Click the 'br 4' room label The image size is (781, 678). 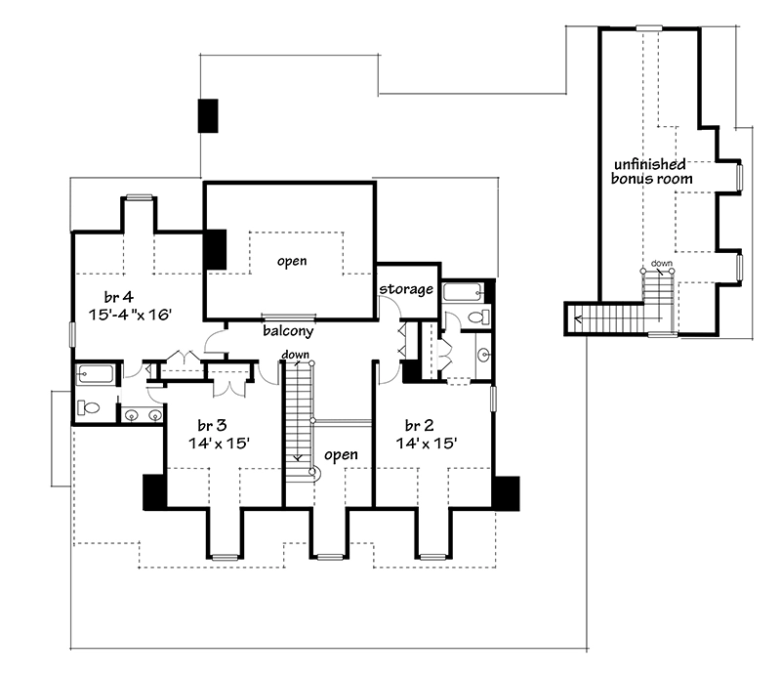(x=119, y=297)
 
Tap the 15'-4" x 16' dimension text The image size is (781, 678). (x=130, y=315)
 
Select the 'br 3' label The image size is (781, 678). (x=212, y=425)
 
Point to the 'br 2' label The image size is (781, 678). (x=420, y=425)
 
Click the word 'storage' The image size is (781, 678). (x=406, y=289)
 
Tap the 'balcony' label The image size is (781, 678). (x=288, y=330)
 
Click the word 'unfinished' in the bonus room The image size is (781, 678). (x=649, y=164)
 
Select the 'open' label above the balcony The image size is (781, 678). (x=292, y=261)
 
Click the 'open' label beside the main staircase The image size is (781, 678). (x=341, y=454)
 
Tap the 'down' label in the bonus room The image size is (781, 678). (x=662, y=263)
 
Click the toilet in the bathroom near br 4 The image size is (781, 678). (x=90, y=408)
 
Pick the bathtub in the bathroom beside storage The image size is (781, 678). (x=463, y=292)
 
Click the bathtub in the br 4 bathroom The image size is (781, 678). (x=95, y=374)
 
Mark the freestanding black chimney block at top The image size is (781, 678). (x=208, y=116)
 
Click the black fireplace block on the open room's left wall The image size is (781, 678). (x=215, y=250)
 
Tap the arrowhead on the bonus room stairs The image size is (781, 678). (x=578, y=318)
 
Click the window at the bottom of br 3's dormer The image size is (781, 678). (x=226, y=558)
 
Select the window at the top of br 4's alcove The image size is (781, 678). (x=139, y=197)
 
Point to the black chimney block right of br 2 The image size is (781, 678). (x=506, y=493)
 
